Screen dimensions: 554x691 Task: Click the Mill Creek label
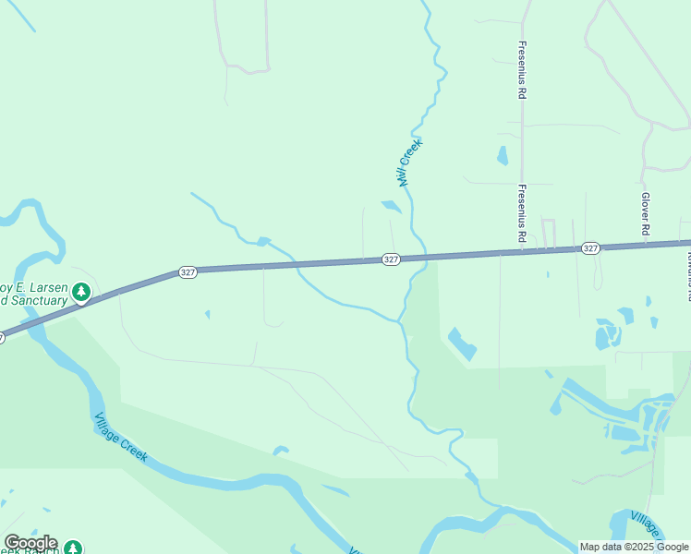pyautogui.click(x=408, y=163)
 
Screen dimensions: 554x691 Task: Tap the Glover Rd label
pyautogui.click(x=646, y=213)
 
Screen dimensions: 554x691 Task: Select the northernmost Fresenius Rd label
pyautogui.click(x=522, y=70)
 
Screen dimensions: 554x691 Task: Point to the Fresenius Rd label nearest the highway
pyautogui.click(x=522, y=213)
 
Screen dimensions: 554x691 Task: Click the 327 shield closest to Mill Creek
pyautogui.click(x=391, y=259)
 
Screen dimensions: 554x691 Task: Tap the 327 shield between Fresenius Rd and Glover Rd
pyautogui.click(x=591, y=248)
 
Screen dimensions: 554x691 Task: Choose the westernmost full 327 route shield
pyautogui.click(x=188, y=272)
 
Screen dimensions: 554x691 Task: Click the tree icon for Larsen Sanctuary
pyautogui.click(x=82, y=293)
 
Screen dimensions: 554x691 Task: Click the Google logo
pyautogui.click(x=30, y=543)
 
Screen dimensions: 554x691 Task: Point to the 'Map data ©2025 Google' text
pyautogui.click(x=635, y=547)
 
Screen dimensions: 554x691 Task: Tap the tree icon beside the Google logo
pyautogui.click(x=72, y=548)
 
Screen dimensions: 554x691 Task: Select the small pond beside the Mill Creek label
pyautogui.click(x=392, y=207)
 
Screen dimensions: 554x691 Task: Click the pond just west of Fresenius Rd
pyautogui.click(x=502, y=155)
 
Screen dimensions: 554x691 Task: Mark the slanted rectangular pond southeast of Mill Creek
pyautogui.click(x=462, y=343)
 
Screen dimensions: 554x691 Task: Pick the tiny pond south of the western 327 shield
pyautogui.click(x=207, y=314)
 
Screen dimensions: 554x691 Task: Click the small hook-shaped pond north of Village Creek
pyautogui.click(x=281, y=451)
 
